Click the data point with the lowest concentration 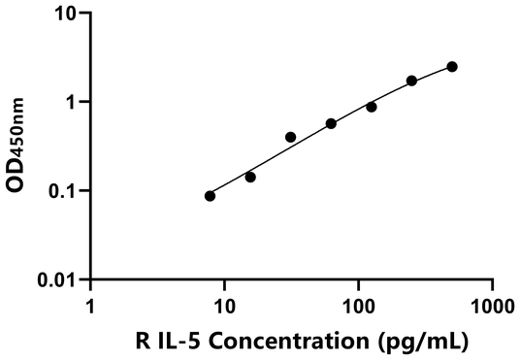210,196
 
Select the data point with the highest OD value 452,67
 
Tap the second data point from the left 250,178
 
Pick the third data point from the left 291,138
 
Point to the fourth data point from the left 331,124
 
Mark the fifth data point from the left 372,107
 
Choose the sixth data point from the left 411,81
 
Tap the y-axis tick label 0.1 66,190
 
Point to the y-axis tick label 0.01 61,279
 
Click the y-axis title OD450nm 20,147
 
